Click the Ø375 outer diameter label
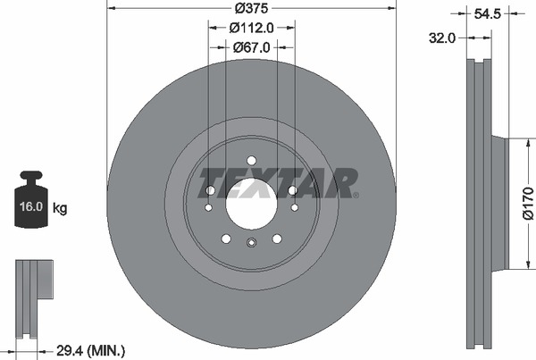251,8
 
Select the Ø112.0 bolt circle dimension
252,28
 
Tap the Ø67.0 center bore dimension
252,47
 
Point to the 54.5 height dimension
488,14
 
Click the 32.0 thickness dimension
442,38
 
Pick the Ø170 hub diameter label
529,203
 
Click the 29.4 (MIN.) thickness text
90,351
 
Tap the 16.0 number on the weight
30,206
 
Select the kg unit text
60,207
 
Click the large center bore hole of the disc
251,204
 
